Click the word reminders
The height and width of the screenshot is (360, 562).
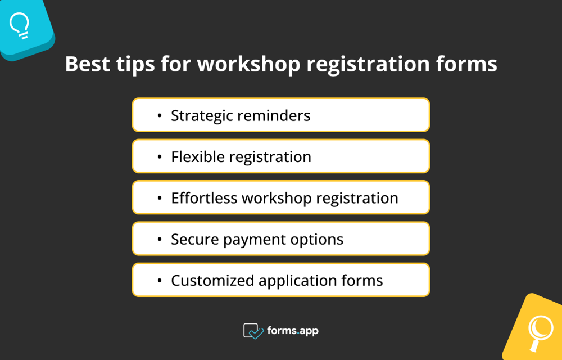click(275, 115)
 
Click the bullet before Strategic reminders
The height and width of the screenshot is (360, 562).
click(160, 116)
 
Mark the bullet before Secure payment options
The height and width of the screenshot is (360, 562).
click(160, 240)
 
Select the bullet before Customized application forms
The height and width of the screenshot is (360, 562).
click(160, 281)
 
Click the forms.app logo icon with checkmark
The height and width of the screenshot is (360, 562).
click(253, 331)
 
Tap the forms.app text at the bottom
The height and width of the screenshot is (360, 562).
click(293, 331)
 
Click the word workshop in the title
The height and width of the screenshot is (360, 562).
click(248, 64)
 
